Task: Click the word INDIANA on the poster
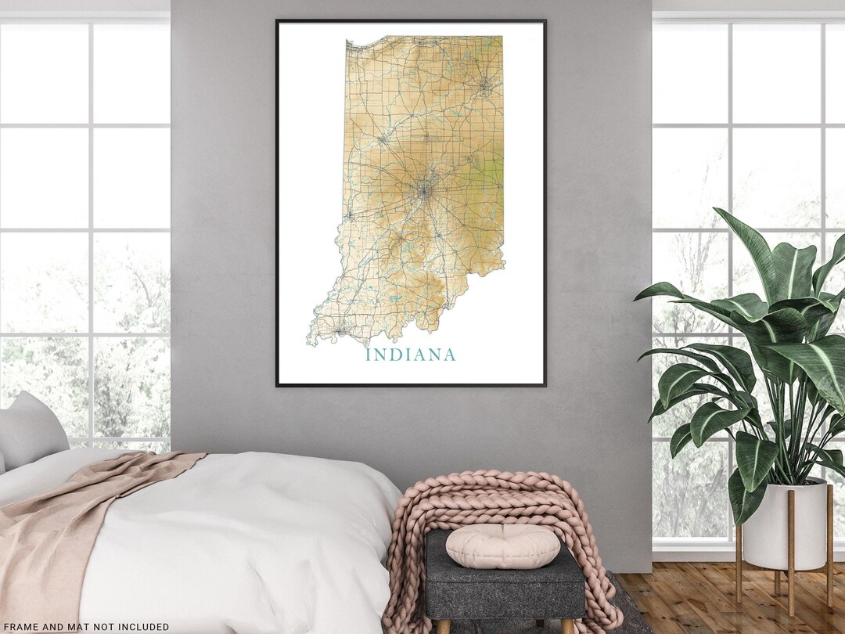coord(410,355)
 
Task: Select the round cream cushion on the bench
coord(502,545)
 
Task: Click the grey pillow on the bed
coord(31,430)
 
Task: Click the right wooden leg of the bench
coord(567,626)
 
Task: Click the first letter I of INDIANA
coord(369,355)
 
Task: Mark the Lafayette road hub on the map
coord(383,139)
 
